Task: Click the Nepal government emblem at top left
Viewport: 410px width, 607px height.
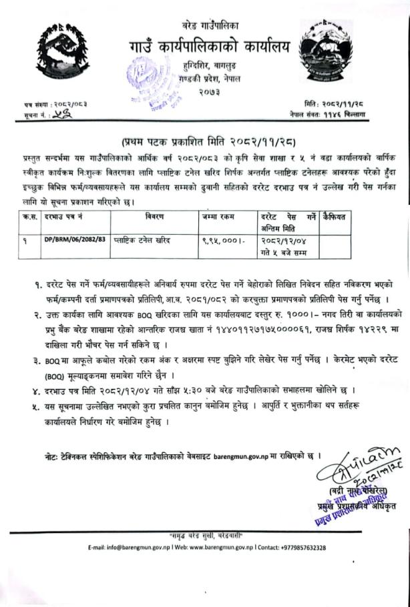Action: pos(58,53)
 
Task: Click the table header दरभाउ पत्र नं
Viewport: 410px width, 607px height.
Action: pos(63,217)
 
